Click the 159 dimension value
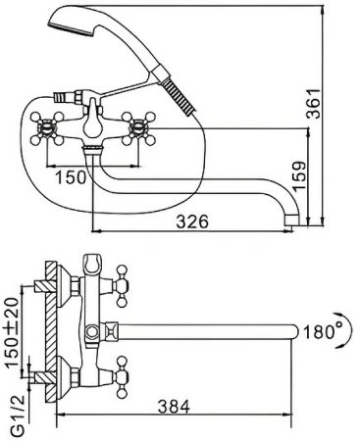[298, 175]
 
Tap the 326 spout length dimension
[192, 222]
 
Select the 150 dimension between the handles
[71, 177]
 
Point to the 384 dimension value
[174, 407]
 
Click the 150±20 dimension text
[12, 332]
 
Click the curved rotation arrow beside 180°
[346, 330]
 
